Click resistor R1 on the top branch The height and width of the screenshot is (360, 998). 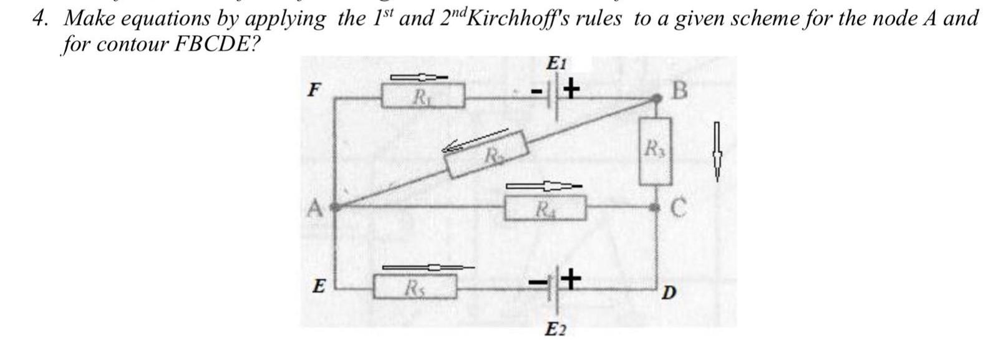[423, 97]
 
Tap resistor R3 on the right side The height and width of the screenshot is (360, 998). [655, 151]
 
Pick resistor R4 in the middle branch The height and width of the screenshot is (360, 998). [546, 208]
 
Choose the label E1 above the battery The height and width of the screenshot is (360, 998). [555, 63]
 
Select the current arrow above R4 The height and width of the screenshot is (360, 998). [542, 186]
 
